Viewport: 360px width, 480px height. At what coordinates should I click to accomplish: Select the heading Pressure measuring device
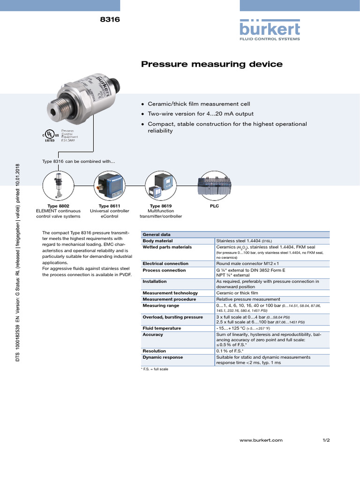point(212,64)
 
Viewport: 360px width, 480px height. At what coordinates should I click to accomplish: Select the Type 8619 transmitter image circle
point(159,186)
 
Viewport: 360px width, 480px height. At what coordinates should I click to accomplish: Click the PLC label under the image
point(214,206)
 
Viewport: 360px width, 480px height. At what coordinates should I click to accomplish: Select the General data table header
point(157,234)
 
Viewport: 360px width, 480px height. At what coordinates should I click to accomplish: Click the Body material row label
point(157,240)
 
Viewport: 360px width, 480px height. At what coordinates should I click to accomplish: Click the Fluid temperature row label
point(162,328)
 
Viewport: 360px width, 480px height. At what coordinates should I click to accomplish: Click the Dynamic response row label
point(163,357)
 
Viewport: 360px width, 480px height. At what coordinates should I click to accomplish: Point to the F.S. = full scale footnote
point(154,369)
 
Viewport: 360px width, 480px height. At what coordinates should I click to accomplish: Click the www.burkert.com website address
point(261,440)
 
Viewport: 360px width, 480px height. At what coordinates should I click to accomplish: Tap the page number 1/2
point(326,440)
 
